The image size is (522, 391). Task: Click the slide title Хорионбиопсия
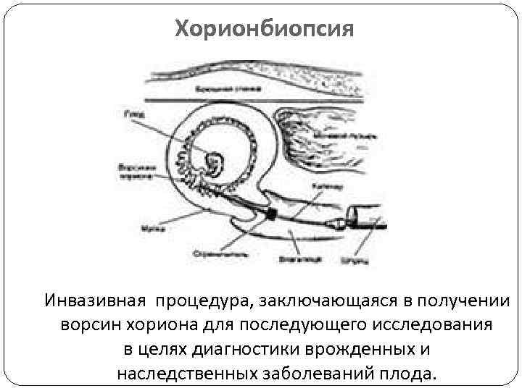click(265, 30)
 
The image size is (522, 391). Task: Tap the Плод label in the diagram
click(130, 113)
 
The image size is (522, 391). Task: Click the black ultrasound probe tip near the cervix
click(272, 213)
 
